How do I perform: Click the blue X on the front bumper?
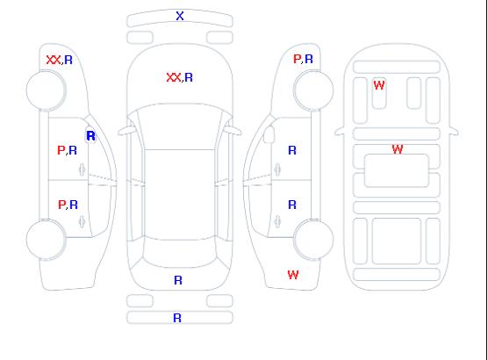180,16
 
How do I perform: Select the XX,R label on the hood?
180,77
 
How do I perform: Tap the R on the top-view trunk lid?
178,280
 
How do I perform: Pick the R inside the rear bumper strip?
177,318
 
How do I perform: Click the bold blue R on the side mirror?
90,136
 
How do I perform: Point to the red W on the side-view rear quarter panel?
293,275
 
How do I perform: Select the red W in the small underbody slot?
379,85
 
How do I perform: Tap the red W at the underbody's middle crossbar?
398,149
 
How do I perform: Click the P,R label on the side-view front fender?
303,59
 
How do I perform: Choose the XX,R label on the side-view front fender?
60,60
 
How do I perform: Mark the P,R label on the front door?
67,150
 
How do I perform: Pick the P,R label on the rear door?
68,205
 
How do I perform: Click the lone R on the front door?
292,150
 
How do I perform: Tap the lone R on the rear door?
292,205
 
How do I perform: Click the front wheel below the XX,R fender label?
46,90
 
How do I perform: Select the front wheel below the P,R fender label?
313,90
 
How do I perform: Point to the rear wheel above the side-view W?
313,239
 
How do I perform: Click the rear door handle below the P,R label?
82,222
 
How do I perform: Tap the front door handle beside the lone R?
277,169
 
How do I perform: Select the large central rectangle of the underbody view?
397,170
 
